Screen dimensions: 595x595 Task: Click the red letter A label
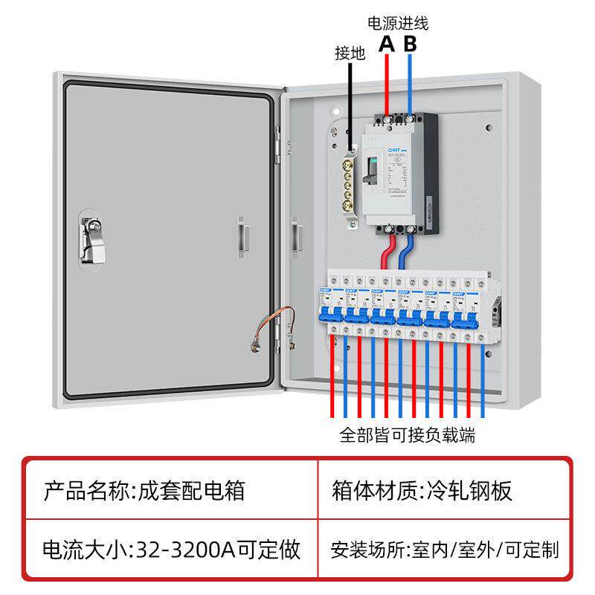[386, 44]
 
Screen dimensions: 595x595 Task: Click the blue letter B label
[411, 44]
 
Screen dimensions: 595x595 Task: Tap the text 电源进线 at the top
[398, 23]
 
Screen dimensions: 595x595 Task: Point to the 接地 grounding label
[350, 54]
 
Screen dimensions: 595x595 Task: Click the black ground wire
[350, 104]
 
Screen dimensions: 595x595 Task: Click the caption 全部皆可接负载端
[407, 435]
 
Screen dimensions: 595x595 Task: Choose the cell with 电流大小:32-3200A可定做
[171, 550]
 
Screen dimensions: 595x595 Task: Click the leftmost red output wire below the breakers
[332, 379]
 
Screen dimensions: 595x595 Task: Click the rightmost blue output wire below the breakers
[483, 379]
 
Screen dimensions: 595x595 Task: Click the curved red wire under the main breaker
[388, 249]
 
